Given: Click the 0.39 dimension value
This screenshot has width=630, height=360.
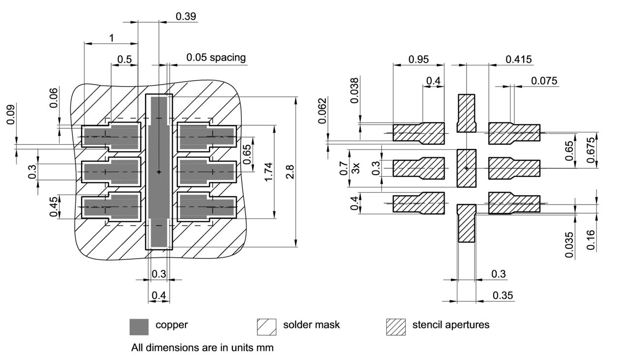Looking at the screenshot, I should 186,16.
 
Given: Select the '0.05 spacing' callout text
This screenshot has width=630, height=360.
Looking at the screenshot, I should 216,58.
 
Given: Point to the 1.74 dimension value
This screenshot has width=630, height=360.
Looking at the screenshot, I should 268,172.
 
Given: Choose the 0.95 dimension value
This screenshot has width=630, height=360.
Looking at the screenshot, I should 418,60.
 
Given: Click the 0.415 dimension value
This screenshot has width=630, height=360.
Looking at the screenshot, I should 518,60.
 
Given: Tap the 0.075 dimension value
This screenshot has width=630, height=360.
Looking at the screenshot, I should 544,81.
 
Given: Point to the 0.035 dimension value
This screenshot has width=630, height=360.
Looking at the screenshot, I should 569,244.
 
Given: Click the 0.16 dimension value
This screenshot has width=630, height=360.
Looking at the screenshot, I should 591,240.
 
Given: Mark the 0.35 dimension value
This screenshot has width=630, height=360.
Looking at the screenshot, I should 503,295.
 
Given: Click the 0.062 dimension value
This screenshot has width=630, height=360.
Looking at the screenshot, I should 322,111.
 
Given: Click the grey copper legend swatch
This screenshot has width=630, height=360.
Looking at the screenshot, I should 139,327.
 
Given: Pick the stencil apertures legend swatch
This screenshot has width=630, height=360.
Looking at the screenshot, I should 396,327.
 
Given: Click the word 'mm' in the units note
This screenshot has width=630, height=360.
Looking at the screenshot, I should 265,348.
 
